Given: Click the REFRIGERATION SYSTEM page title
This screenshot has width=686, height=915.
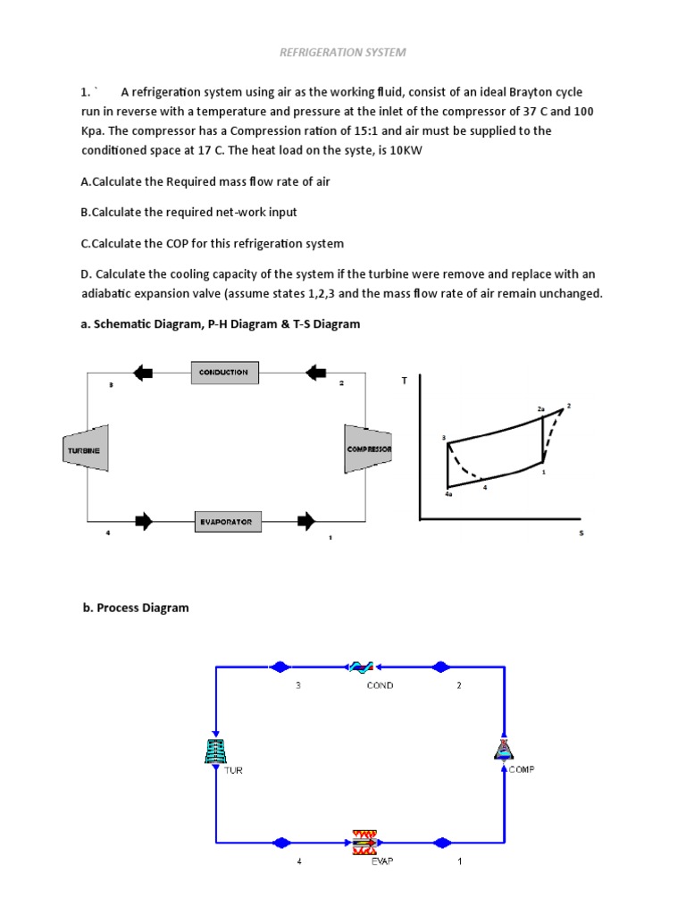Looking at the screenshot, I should click(x=343, y=52).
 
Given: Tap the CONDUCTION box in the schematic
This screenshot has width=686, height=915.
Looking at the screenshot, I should click(x=225, y=372).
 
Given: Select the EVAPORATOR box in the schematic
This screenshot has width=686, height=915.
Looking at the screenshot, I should click(x=225, y=521).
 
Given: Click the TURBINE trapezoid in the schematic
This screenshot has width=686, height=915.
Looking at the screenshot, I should click(x=87, y=449).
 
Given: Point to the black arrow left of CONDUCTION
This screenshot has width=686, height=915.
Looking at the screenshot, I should click(x=143, y=372).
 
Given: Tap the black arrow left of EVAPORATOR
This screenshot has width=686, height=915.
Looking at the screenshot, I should click(x=143, y=521).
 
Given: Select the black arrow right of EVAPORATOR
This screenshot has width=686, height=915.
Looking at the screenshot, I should click(x=306, y=521).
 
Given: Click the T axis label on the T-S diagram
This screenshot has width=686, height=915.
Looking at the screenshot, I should click(x=404, y=381).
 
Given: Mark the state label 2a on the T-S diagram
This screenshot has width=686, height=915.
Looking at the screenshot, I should click(x=540, y=408).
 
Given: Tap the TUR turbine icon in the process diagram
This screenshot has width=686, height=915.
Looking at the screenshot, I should click(x=215, y=751).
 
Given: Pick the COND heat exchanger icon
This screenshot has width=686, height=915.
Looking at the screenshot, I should click(x=361, y=667).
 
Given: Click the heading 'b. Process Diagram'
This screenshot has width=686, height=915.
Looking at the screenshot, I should click(x=136, y=608).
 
